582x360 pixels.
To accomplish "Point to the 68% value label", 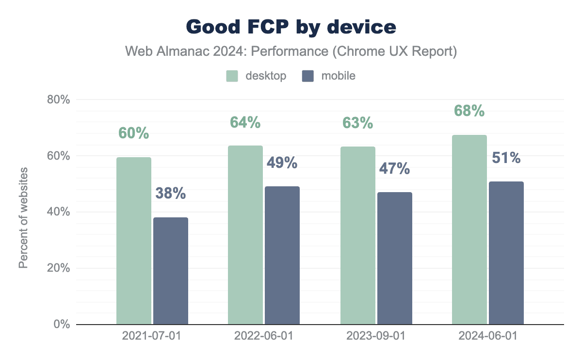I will (469, 111).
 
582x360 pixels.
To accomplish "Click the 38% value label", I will (171, 194).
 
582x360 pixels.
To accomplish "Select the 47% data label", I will (394, 169).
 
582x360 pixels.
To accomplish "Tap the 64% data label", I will (245, 123).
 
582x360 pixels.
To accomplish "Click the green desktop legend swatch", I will (232, 76).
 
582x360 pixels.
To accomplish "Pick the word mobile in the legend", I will (339, 76).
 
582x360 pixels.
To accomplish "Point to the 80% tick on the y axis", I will (58, 100).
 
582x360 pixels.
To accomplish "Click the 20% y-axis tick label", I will (58, 268).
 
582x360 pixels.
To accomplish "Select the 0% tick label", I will (61, 324).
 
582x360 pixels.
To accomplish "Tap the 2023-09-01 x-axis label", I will (376, 336).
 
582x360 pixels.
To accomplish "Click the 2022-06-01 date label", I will (264, 336).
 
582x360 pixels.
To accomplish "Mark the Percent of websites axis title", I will (23, 217).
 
